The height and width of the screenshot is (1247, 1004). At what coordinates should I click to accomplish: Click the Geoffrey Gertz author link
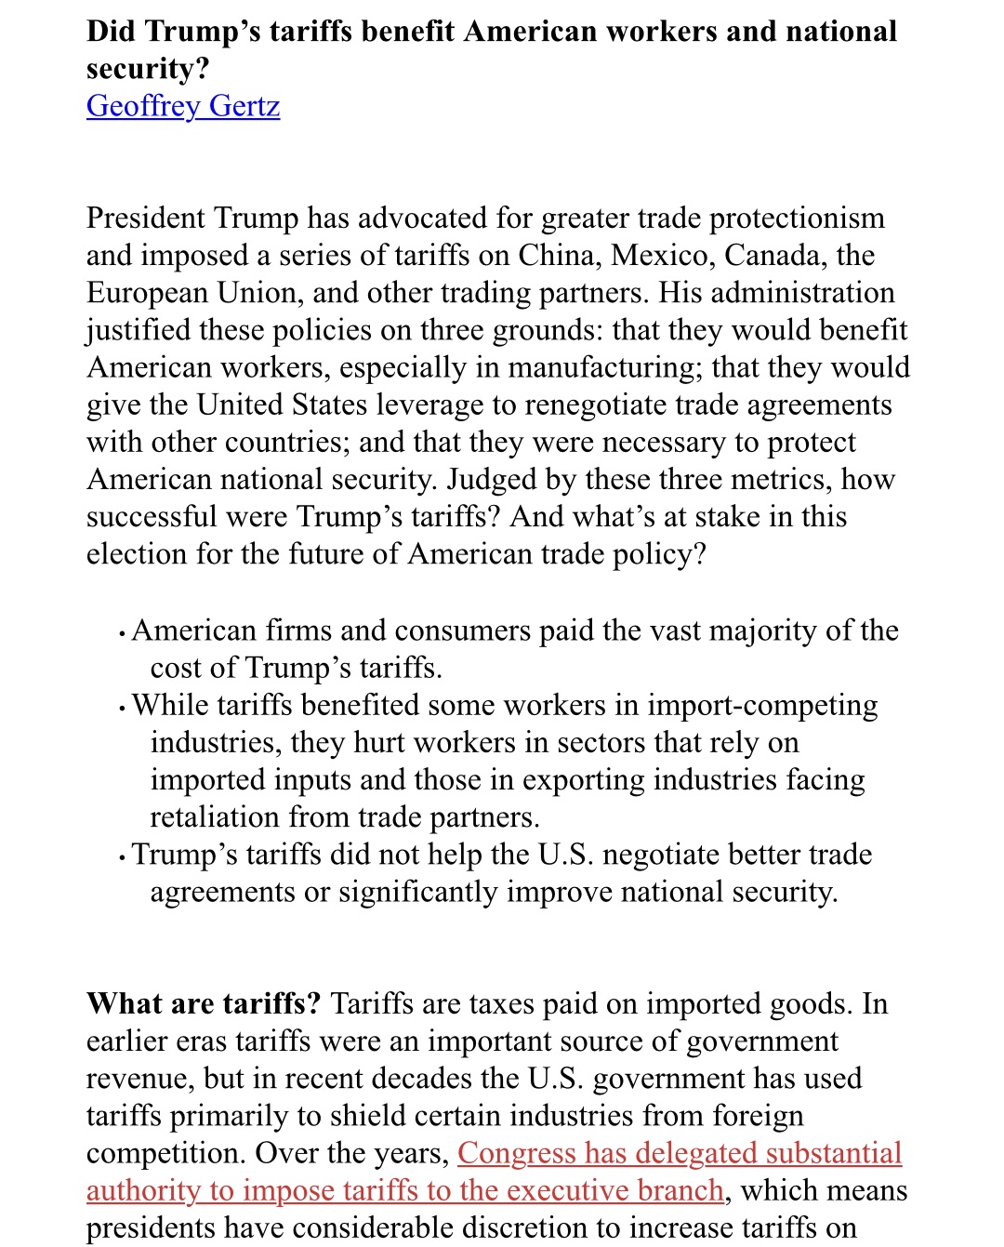coord(183,106)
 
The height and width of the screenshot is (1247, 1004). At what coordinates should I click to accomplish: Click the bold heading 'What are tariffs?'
coord(203,1004)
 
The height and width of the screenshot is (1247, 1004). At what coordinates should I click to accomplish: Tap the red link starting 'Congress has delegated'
coord(679,1153)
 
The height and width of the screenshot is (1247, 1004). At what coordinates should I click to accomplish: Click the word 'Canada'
coord(775,256)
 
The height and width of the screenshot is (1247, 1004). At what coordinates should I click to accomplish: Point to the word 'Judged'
coord(496,479)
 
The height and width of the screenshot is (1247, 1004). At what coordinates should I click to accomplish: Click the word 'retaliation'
coord(216,816)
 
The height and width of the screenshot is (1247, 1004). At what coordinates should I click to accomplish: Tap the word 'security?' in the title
coord(149,69)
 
